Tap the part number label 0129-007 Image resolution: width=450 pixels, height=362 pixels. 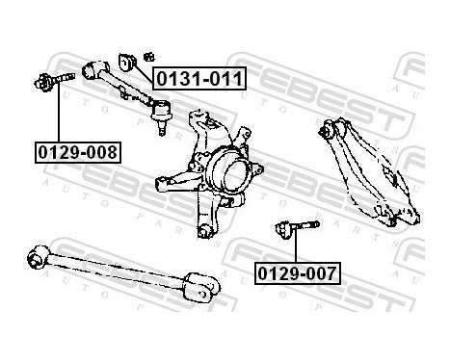297,273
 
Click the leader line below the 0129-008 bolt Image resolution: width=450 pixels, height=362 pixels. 58,116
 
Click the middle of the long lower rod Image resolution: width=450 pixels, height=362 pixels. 116,270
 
